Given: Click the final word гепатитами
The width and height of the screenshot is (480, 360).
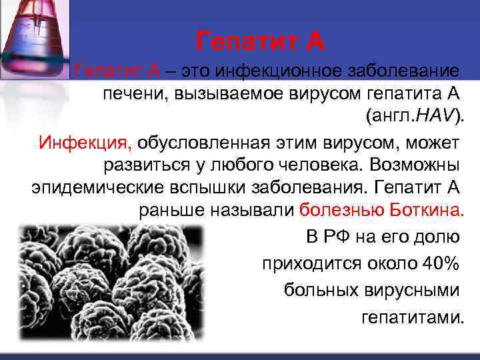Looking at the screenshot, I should pyautogui.click(x=411, y=316).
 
